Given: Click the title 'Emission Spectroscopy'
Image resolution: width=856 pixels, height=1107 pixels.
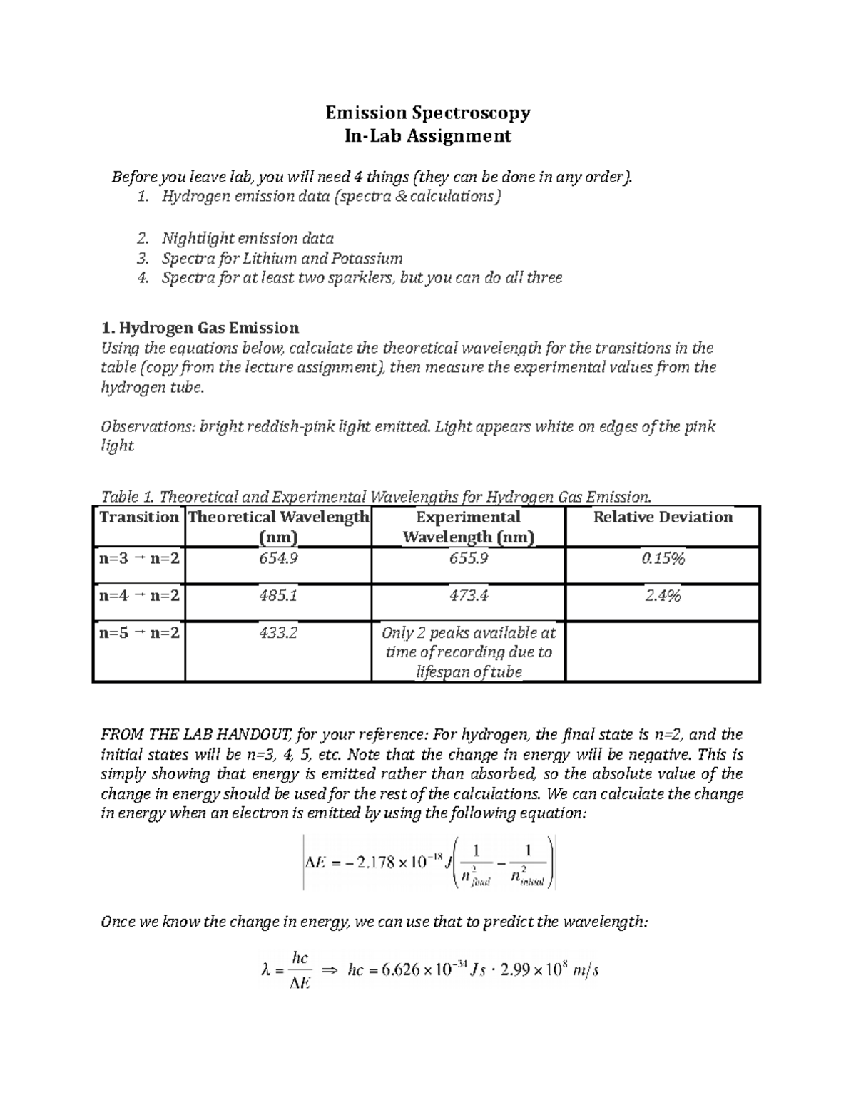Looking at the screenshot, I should click(x=428, y=113).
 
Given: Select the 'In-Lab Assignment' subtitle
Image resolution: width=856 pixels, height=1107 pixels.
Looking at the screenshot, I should click(x=428, y=135).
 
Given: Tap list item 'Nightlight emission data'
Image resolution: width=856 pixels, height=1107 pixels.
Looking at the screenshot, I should click(x=248, y=238).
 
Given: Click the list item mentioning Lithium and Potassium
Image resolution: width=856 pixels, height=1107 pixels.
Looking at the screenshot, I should click(x=282, y=258).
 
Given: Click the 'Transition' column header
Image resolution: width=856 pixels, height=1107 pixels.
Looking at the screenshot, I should click(x=139, y=518).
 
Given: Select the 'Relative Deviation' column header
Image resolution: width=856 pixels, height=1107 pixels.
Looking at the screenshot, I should click(x=663, y=518).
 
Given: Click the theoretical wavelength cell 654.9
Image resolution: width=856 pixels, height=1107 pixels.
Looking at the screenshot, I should click(x=278, y=559).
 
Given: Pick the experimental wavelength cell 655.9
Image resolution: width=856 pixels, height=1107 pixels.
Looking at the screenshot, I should click(x=468, y=559).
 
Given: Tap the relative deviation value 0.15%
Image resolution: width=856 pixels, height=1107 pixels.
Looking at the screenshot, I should click(x=663, y=559).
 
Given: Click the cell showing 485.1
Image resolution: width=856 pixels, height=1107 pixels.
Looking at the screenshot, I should click(x=278, y=595).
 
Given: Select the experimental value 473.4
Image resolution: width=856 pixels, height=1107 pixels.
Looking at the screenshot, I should click(x=468, y=595).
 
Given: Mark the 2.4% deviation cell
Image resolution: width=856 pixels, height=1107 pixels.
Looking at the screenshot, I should click(x=663, y=595).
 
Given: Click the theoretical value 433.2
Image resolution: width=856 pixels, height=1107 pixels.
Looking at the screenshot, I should click(x=278, y=632).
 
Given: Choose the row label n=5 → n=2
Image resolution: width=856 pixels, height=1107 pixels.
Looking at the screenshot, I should click(x=139, y=632).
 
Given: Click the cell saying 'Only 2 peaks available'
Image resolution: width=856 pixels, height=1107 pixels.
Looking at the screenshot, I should click(x=468, y=652).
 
